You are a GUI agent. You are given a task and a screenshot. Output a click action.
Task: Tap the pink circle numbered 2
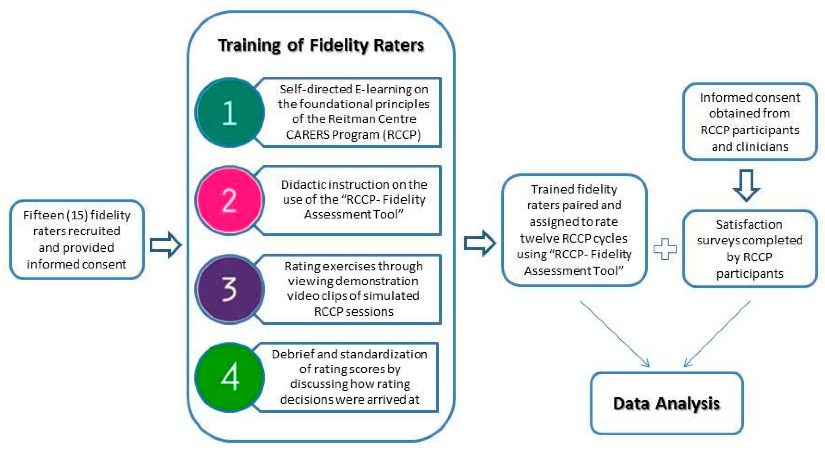230,201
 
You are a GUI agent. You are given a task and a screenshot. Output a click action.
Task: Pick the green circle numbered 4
230,377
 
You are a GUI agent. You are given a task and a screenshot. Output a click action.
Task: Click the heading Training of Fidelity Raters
321,45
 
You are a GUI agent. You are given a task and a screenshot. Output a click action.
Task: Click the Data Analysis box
666,403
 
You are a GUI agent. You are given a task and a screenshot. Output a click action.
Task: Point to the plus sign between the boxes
665,249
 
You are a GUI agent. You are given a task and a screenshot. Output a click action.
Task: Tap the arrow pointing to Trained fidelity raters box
480,243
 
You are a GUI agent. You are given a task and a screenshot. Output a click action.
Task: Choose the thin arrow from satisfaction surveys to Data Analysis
717,334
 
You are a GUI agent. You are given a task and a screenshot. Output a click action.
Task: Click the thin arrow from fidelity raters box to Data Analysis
614,334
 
